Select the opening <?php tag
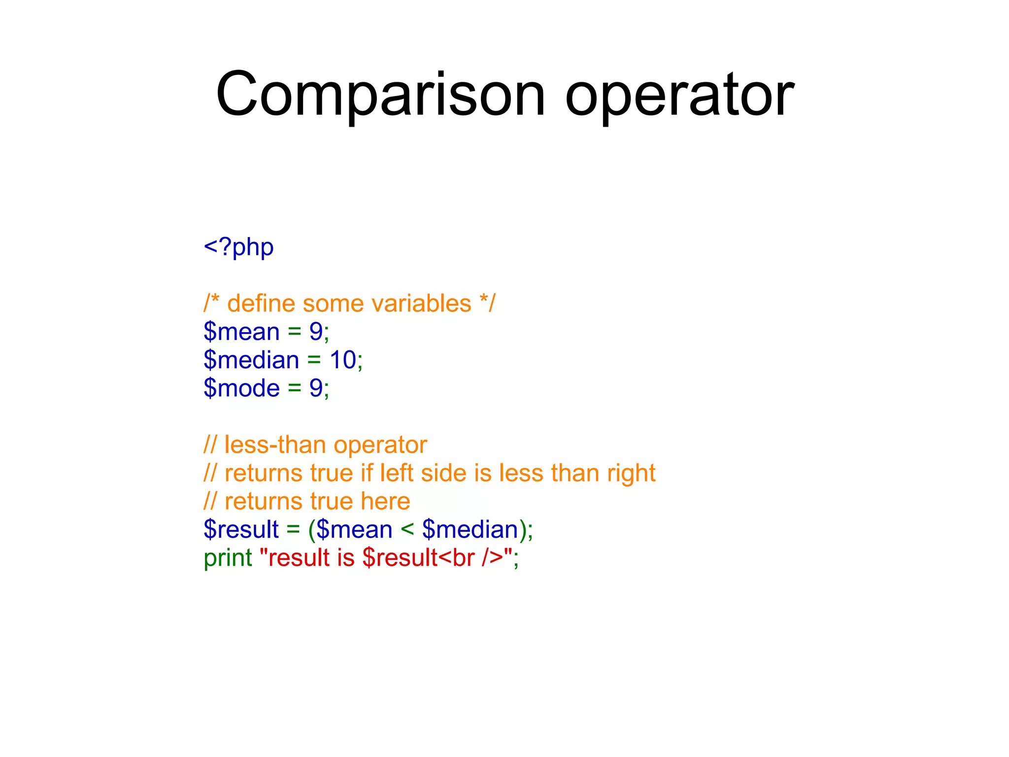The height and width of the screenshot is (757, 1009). (238, 247)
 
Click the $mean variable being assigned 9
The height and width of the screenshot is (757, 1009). (241, 332)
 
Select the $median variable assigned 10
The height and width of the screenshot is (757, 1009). (251, 360)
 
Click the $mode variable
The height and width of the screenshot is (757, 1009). (241, 388)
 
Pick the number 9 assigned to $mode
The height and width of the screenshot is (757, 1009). (316, 388)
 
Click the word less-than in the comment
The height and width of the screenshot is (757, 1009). (274, 445)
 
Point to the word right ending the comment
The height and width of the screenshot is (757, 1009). (631, 474)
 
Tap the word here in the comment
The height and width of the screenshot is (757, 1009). (385, 501)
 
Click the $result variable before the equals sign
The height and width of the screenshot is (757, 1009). (241, 530)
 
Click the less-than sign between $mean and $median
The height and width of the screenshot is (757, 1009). (407, 530)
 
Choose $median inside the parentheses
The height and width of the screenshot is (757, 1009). (471, 530)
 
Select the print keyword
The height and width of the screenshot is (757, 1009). (228, 558)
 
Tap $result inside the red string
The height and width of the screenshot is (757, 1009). (400, 558)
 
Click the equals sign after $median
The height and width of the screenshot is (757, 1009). (314, 360)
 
